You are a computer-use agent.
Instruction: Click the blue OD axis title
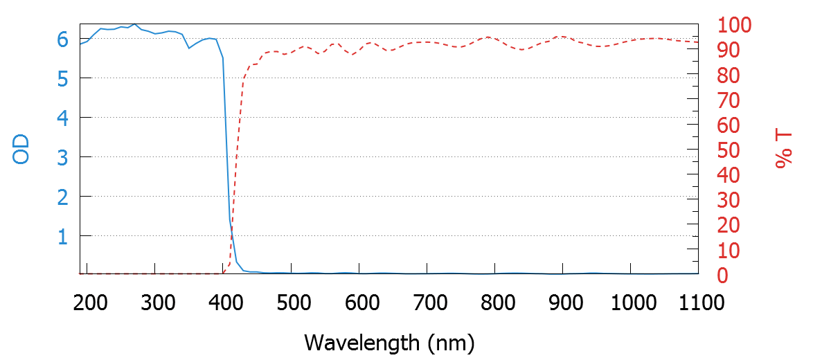[21, 150]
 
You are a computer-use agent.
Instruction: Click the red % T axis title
[784, 150]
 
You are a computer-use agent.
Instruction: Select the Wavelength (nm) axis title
[389, 342]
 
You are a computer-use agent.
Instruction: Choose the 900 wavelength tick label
[563, 303]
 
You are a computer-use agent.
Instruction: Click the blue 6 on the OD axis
[63, 39]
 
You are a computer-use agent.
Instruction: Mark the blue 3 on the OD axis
[63, 158]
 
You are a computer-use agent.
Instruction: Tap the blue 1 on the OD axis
[63, 237]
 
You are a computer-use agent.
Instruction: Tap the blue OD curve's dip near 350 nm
[189, 48]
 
